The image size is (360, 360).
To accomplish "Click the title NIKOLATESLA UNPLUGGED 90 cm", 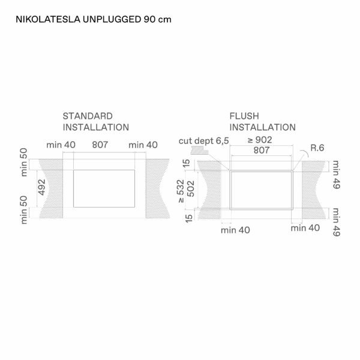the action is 94,19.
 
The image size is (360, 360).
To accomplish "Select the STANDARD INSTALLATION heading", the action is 96,122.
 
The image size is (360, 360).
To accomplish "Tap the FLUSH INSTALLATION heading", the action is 262,122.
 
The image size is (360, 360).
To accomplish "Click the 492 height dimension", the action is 42,187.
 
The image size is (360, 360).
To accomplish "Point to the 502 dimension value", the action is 191,189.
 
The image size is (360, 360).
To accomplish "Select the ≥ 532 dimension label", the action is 181,191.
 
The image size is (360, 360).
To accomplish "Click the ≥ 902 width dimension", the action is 260,140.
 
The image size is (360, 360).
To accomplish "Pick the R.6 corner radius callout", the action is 317,148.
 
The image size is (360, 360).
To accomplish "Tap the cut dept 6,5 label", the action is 203,141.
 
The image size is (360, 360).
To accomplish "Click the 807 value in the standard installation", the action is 100,145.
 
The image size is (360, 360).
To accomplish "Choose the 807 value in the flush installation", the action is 261,150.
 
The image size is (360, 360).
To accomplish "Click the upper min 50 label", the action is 23,162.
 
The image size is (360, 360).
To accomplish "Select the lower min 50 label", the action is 23,210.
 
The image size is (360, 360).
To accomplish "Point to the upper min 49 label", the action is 337,175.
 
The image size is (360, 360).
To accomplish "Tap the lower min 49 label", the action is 337,222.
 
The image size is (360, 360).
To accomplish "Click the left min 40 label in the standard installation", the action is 61,145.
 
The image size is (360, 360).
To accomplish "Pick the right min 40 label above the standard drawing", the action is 143,145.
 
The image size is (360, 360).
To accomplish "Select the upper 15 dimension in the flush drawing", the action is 187,163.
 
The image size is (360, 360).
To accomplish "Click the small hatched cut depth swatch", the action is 199,151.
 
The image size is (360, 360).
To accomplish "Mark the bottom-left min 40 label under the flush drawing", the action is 235,230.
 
